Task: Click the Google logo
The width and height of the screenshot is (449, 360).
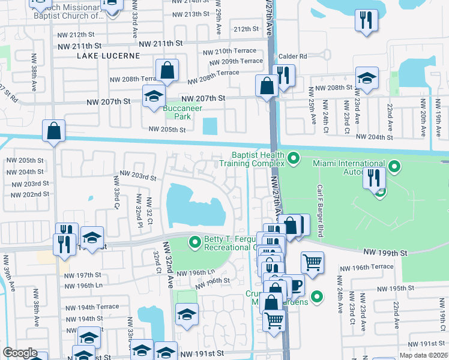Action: (20, 353)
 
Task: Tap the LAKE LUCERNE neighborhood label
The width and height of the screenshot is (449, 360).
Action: (108, 56)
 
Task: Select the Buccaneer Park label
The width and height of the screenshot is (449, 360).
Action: (182, 112)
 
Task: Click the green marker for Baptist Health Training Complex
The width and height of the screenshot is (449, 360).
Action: (294, 158)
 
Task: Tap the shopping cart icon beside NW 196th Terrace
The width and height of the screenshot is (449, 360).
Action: (312, 261)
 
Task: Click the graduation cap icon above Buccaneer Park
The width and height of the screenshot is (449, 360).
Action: (154, 95)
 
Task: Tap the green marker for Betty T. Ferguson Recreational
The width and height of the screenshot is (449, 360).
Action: (194, 242)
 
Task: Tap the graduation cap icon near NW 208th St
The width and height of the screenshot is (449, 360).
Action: (367, 77)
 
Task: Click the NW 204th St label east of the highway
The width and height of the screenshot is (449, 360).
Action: (378, 137)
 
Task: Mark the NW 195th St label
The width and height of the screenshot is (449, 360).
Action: (406, 289)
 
